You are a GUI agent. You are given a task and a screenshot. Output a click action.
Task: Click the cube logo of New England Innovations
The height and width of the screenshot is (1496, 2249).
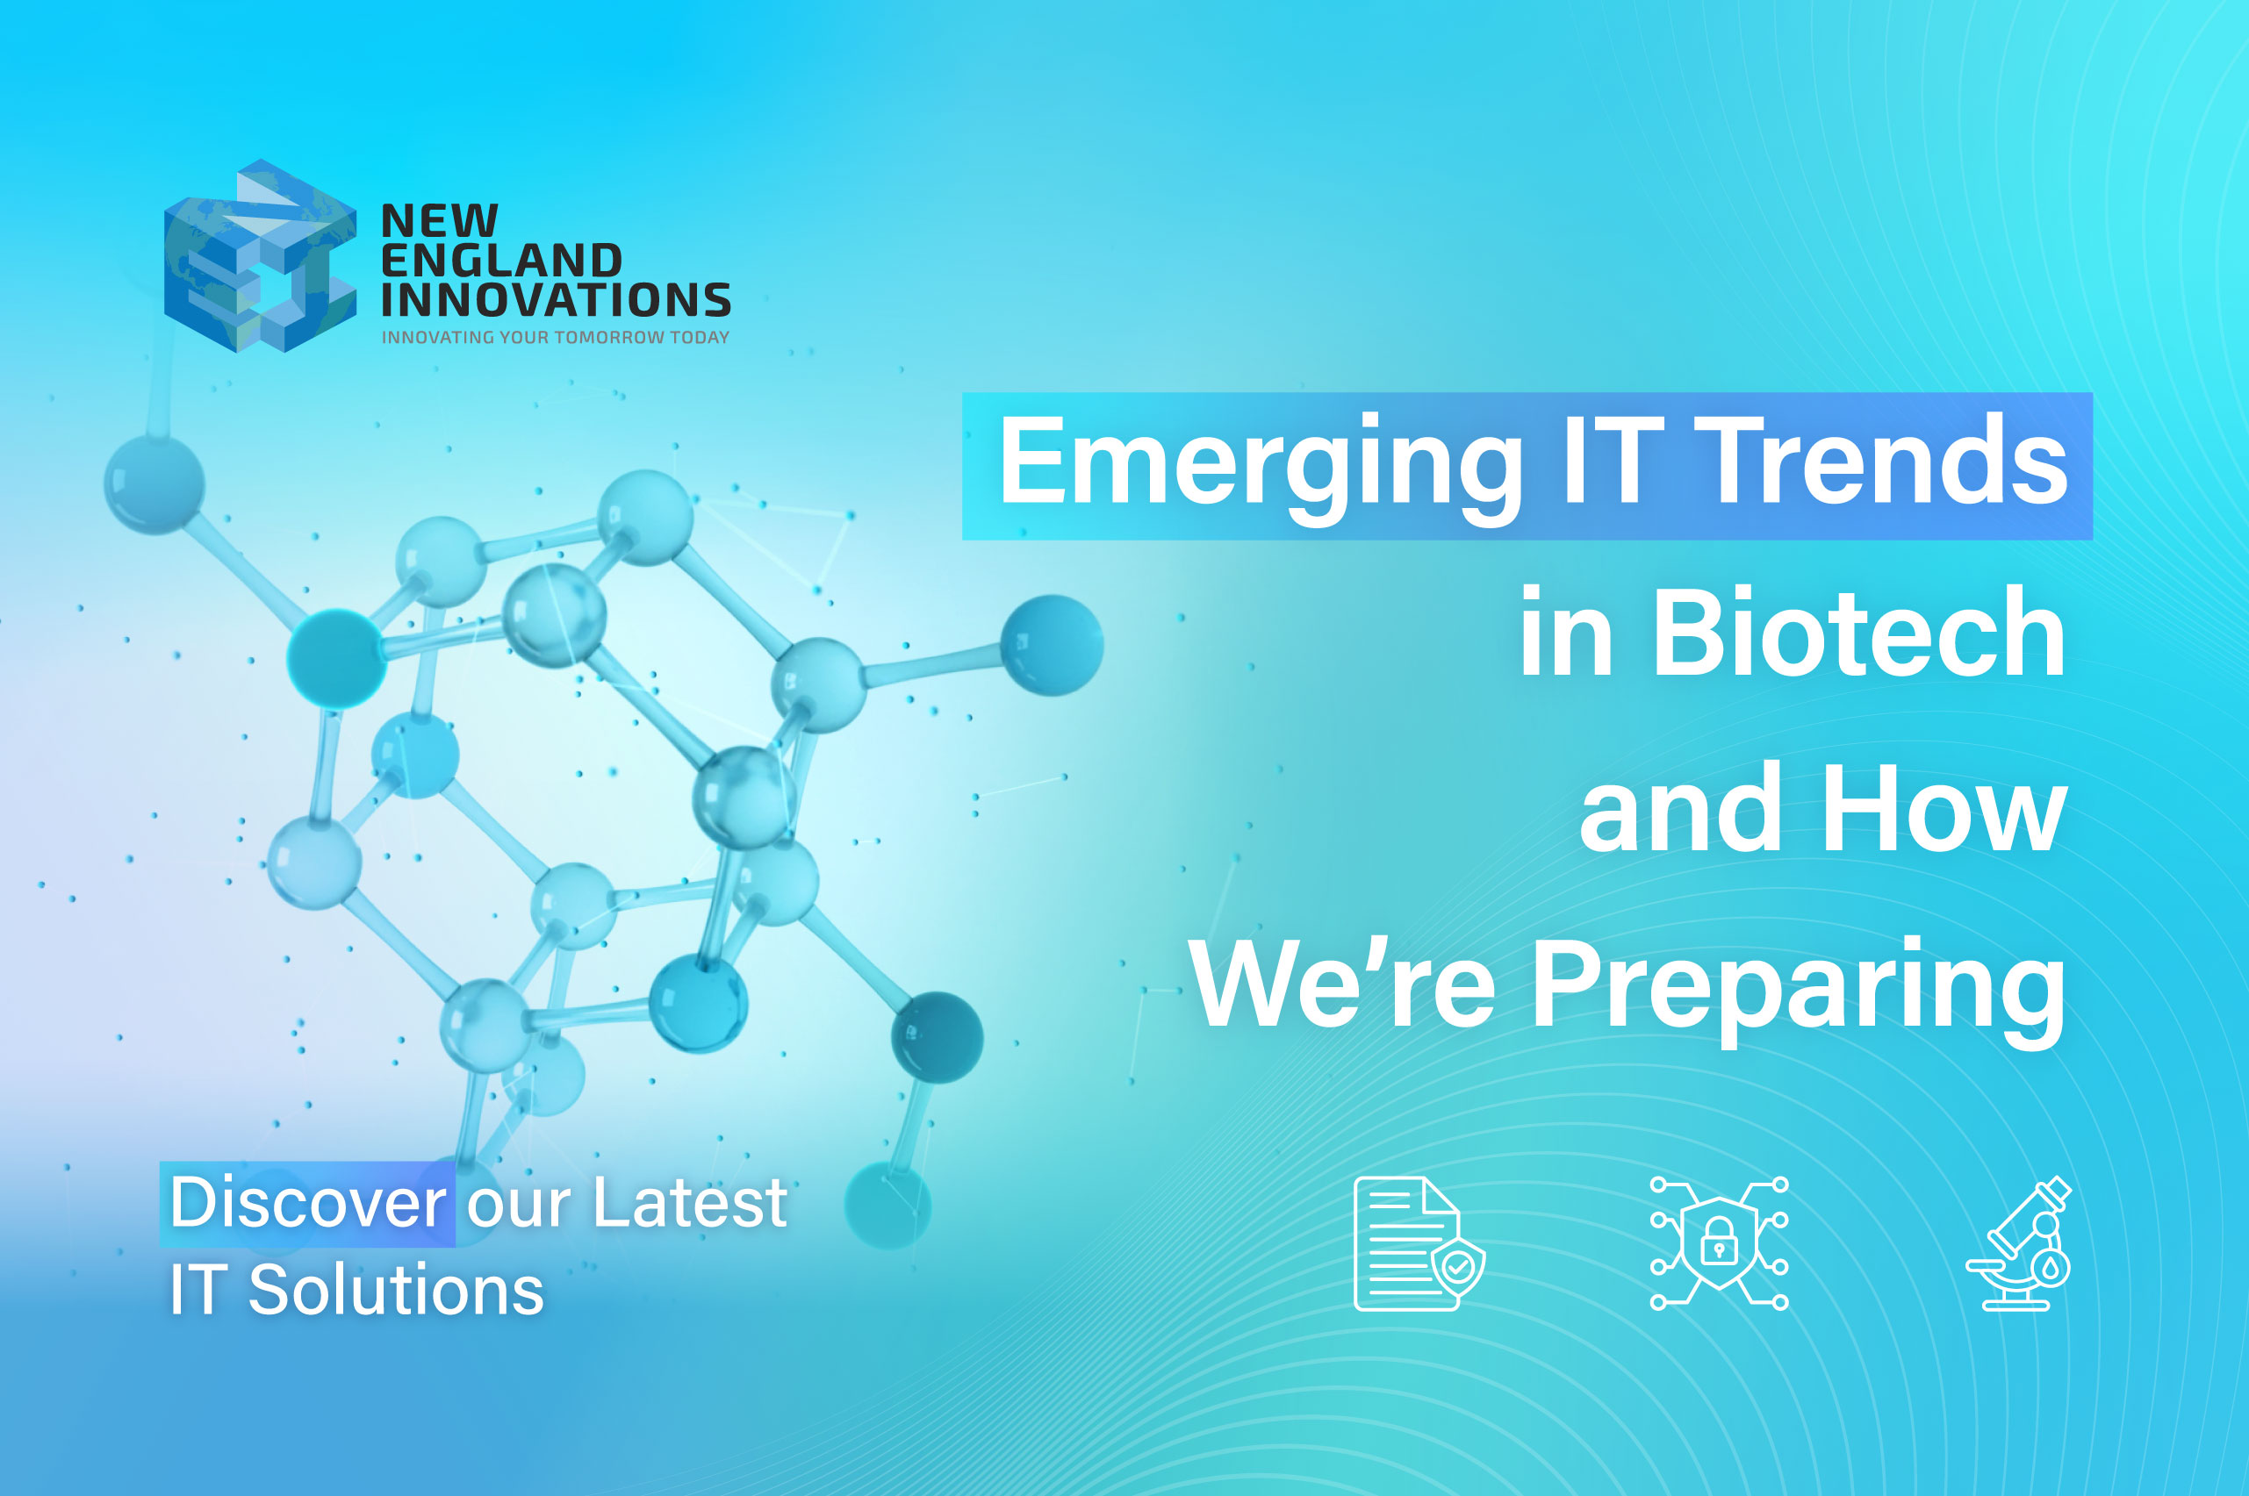[x=260, y=255]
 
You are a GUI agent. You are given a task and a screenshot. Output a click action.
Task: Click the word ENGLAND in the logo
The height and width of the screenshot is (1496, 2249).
[x=501, y=261]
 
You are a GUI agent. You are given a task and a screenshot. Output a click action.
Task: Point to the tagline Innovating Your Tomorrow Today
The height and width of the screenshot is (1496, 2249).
[x=556, y=337]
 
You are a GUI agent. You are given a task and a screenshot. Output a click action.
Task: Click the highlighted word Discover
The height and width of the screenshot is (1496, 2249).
[x=307, y=1202]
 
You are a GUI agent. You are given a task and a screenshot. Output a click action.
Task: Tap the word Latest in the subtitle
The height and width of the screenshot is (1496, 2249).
[x=689, y=1202]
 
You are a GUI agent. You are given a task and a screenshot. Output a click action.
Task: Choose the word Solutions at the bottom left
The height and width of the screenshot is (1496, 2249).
[x=395, y=1290]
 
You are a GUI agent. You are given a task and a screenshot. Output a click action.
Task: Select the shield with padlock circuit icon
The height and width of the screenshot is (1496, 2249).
[x=1719, y=1243]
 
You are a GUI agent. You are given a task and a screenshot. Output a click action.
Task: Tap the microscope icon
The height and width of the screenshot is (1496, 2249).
[x=2019, y=1243]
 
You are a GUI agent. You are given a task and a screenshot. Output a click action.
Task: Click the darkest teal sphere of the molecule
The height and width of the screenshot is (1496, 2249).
[x=937, y=1037]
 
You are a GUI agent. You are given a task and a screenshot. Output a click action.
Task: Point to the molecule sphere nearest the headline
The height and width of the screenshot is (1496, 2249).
[x=1052, y=645]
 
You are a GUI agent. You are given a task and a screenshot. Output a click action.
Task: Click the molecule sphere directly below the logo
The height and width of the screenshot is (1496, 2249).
[x=154, y=483]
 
